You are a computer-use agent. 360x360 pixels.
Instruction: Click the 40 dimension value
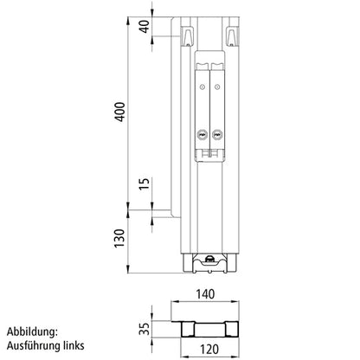[143, 26]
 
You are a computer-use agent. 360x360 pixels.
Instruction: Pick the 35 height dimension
[143, 328]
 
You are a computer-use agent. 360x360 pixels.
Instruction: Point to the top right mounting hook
[233, 35]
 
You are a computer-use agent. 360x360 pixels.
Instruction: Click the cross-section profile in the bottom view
[209, 328]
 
